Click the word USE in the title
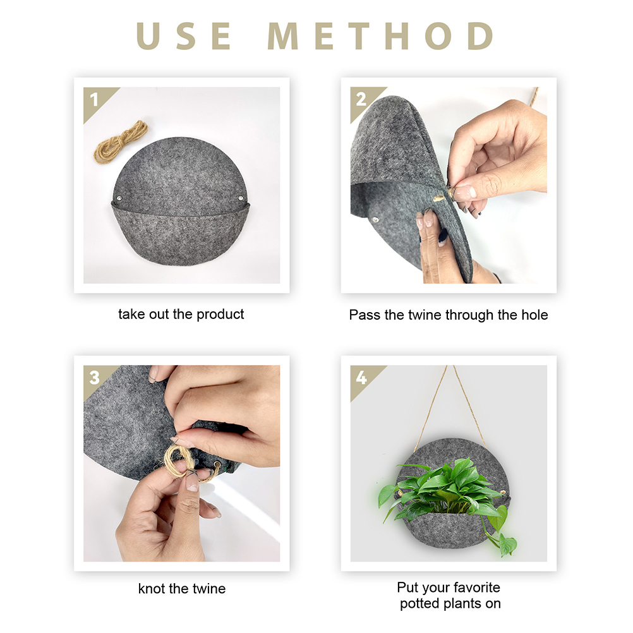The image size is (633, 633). tap(184, 36)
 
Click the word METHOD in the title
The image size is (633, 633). tap(381, 36)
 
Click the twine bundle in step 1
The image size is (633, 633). tap(121, 142)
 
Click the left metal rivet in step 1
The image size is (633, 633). tap(119, 198)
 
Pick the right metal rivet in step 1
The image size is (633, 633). tap(240, 198)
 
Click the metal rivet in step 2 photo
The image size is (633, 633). tap(376, 220)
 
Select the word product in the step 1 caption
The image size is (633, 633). tap(220, 315)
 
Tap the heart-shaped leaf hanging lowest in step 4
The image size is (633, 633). tap(507, 545)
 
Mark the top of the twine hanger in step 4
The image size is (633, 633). tap(450, 366)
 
